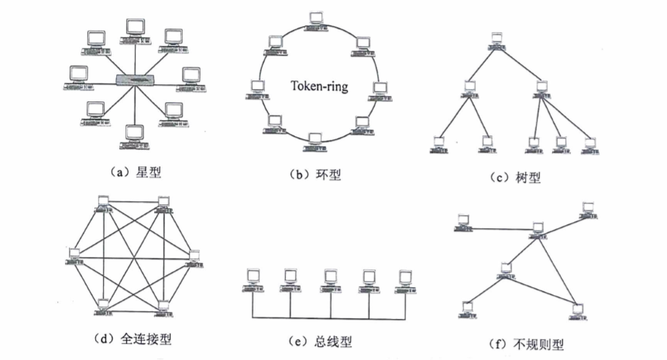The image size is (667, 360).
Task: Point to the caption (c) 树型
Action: [514, 177]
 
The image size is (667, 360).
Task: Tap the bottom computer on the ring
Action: [314, 139]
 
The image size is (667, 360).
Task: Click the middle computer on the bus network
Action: [329, 280]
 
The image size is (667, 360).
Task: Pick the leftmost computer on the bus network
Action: [252, 280]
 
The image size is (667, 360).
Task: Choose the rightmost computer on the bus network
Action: [404, 280]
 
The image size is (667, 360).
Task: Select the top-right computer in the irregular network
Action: [586, 208]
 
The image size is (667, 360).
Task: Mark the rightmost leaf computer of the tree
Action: [590, 145]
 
